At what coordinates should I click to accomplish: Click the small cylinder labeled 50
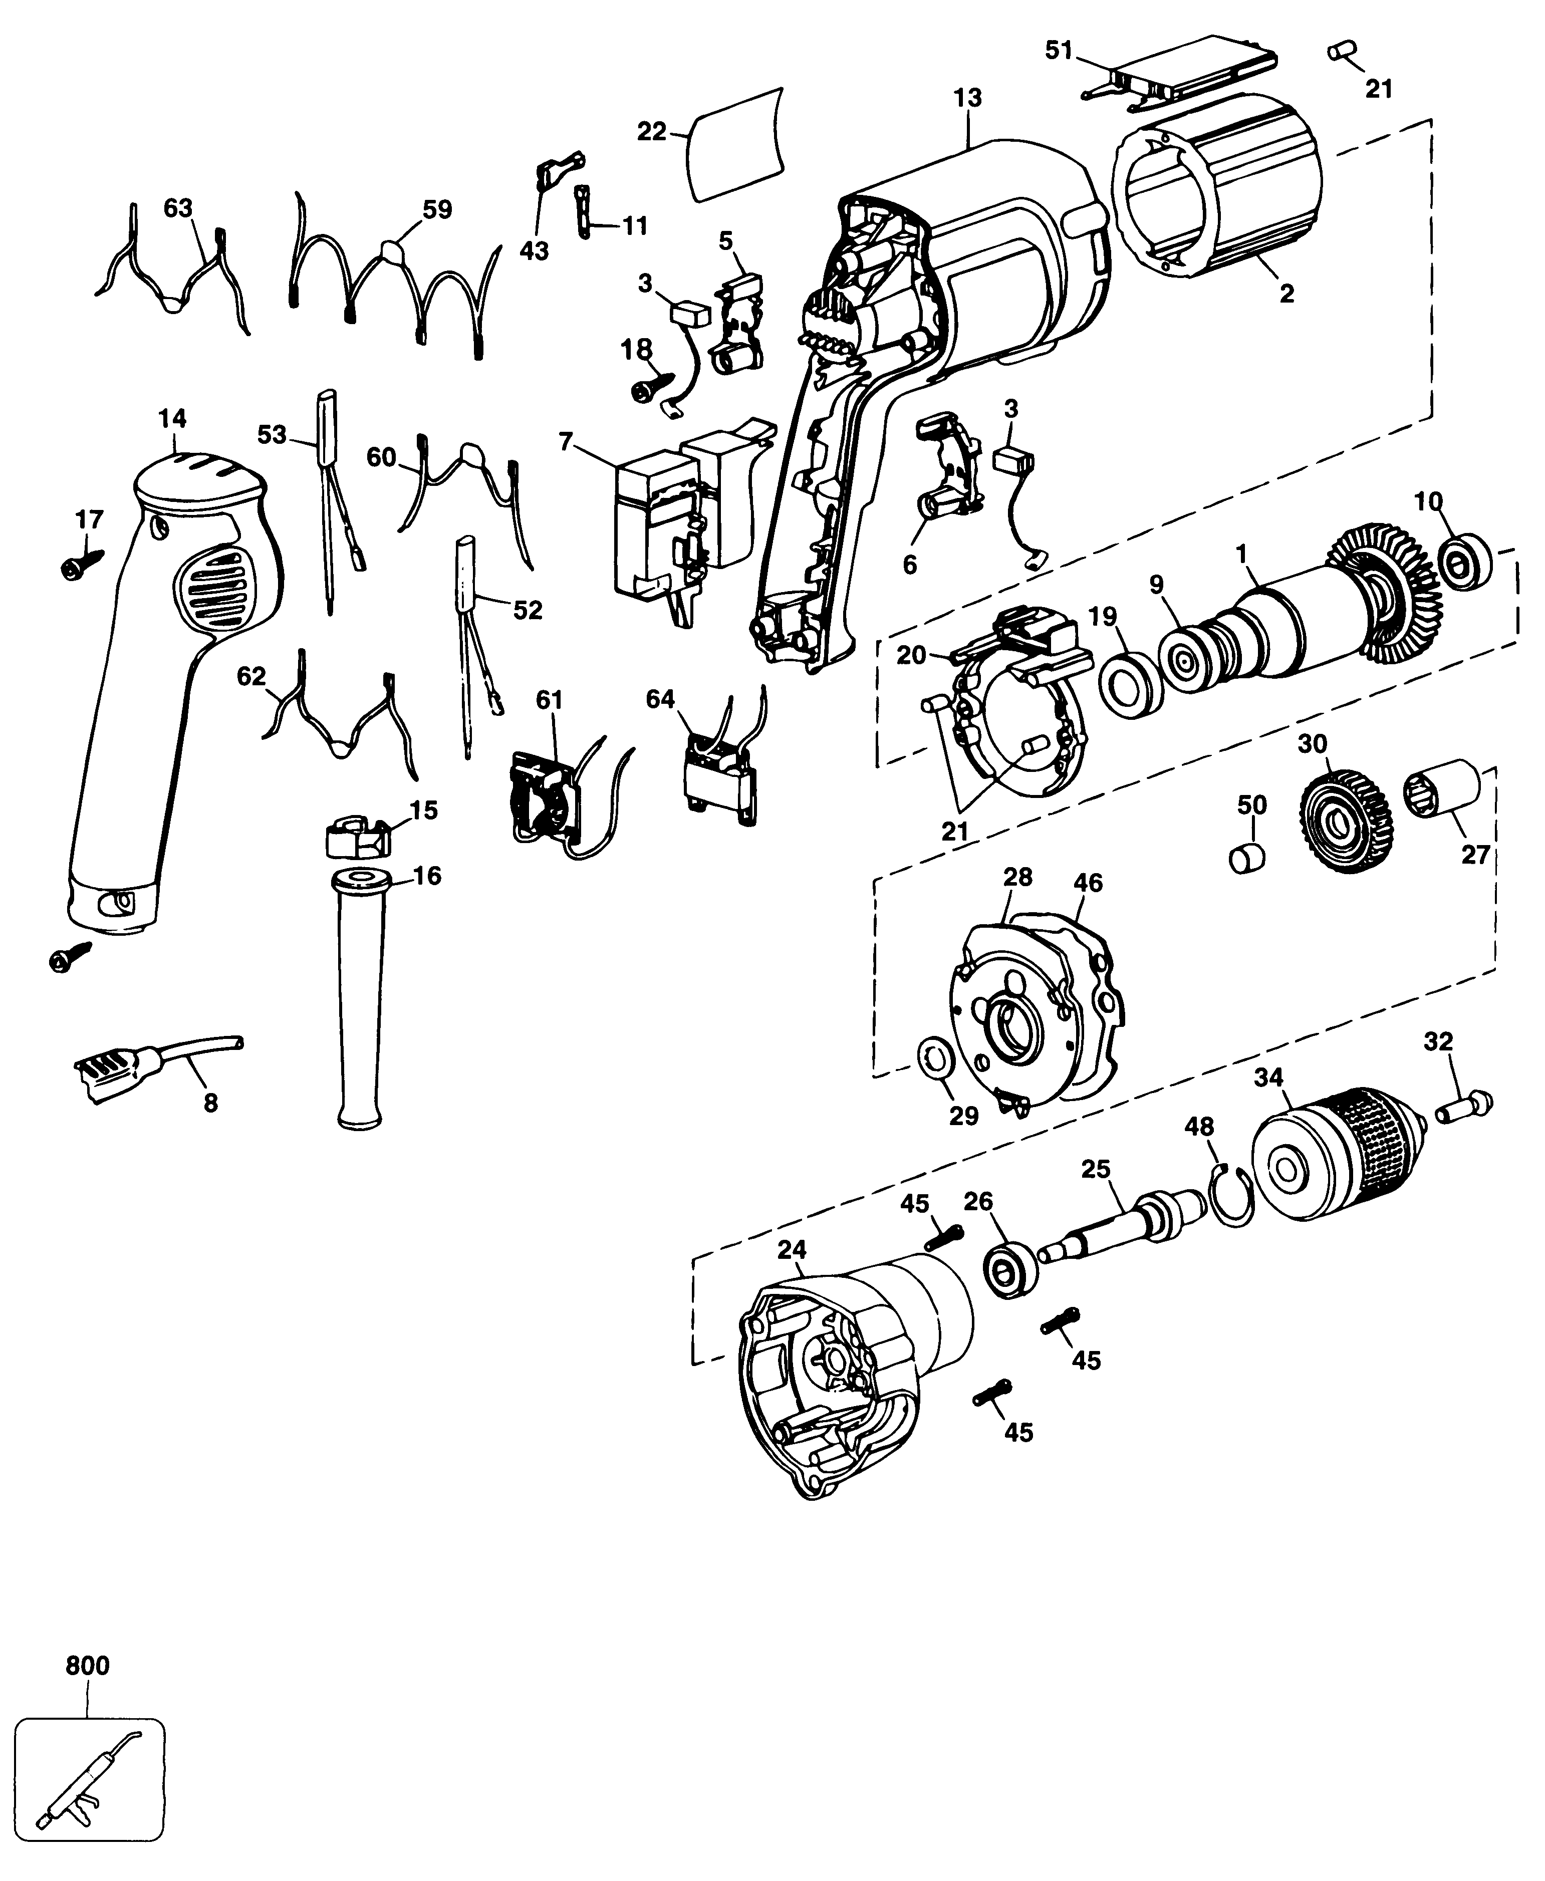pyautogui.click(x=1248, y=859)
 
